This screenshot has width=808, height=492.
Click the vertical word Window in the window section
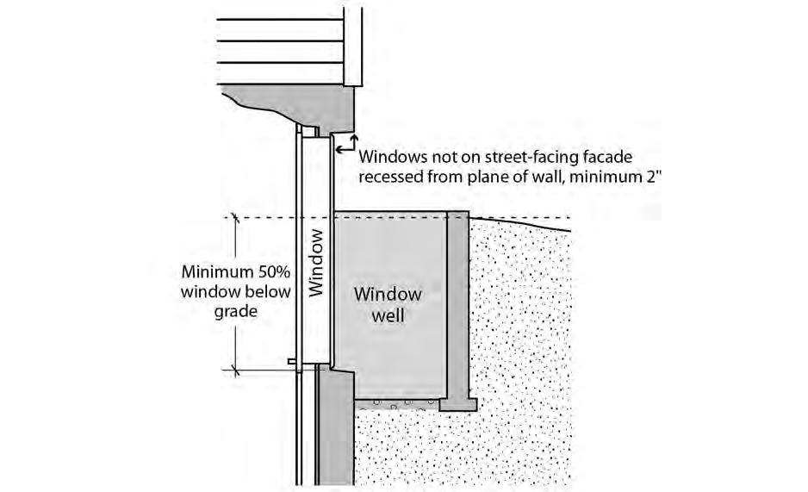click(x=316, y=262)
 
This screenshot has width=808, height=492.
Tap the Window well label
click(x=388, y=304)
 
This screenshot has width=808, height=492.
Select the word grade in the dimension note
click(x=236, y=311)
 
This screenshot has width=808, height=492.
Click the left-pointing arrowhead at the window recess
click(x=339, y=150)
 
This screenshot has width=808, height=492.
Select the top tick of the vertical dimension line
click(x=234, y=218)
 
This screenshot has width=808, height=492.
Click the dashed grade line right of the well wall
click(x=517, y=218)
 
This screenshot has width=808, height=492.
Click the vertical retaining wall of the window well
click(x=457, y=302)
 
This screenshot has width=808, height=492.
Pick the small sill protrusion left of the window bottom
click(x=295, y=361)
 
